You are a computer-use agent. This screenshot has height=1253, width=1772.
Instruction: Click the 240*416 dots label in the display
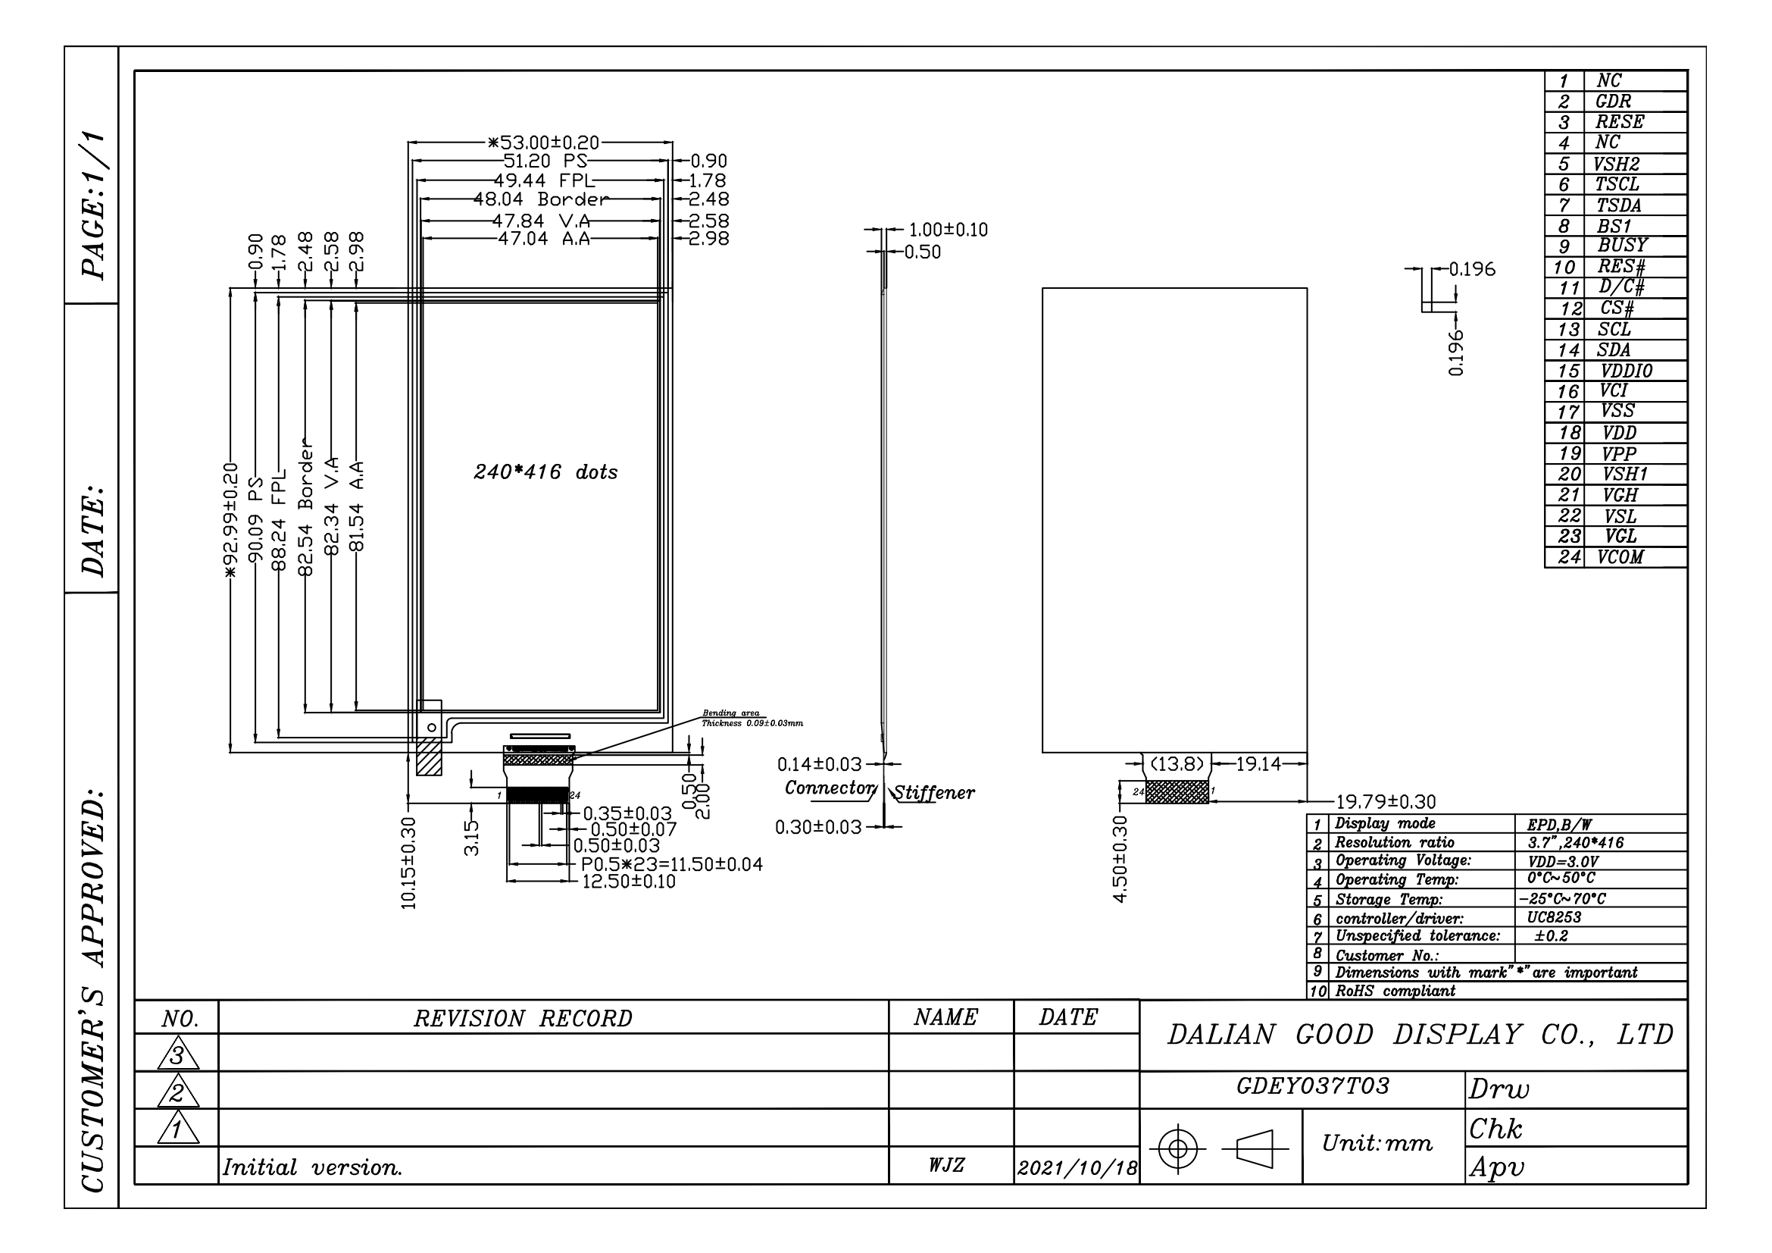point(545,471)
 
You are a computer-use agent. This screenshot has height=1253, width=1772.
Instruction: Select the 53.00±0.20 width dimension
point(542,142)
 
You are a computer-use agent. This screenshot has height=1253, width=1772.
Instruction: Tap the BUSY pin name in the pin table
point(1622,246)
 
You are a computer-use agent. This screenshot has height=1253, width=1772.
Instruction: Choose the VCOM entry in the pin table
point(1620,557)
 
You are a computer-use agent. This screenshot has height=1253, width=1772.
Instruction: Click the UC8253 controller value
point(1554,917)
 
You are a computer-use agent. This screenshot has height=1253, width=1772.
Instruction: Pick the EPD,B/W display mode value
point(1559,825)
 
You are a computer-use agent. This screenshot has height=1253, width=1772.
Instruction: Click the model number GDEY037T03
point(1313,1086)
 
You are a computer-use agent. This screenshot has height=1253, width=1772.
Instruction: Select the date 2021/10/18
point(1077,1168)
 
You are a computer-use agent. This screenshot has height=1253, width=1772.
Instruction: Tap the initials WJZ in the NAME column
point(946,1165)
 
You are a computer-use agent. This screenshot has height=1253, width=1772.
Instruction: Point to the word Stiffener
point(934,793)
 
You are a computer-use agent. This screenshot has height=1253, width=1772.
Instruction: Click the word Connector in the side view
point(830,788)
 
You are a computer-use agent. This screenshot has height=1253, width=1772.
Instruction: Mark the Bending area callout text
point(730,713)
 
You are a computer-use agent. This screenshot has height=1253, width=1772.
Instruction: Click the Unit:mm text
point(1377,1143)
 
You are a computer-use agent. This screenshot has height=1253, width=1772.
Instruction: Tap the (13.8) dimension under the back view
point(1177,764)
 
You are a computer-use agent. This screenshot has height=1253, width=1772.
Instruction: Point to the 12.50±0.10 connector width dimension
point(628,882)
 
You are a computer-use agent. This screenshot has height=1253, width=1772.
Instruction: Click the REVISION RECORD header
point(523,1019)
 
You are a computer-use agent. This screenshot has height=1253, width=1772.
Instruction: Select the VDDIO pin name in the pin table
point(1626,371)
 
